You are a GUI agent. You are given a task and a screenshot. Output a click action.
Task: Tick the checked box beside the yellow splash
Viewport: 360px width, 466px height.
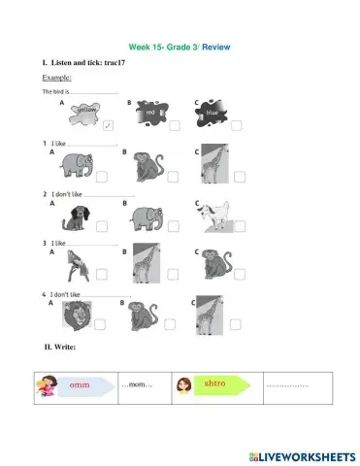(x=107, y=125)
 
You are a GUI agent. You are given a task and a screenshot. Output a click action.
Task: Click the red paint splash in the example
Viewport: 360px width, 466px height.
(x=151, y=115)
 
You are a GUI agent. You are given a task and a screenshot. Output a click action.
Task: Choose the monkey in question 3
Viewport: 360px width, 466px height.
(x=212, y=263)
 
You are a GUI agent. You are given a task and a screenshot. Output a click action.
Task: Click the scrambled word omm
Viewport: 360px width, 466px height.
(x=79, y=385)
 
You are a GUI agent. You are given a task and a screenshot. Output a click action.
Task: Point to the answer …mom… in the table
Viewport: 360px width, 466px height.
(x=137, y=386)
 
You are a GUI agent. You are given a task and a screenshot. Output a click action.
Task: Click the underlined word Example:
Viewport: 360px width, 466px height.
(x=58, y=77)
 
